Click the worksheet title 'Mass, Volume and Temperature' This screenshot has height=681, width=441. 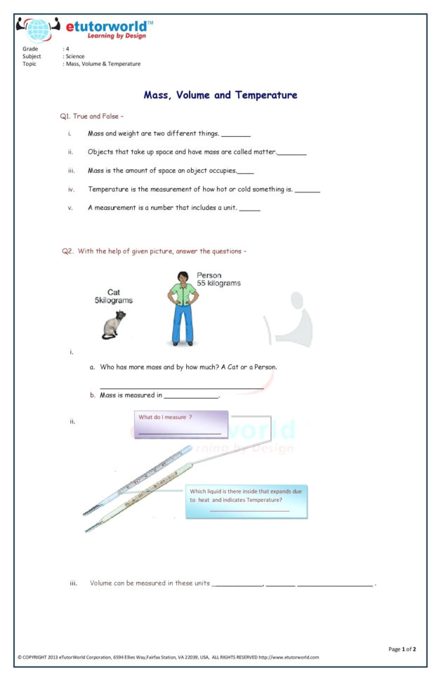pos(220,95)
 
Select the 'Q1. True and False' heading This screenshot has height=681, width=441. pos(92,116)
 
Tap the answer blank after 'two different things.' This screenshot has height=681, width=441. pos(236,134)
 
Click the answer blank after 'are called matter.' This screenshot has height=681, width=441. pos(292,152)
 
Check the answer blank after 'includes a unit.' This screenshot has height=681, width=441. pos(250,209)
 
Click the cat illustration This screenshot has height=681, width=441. pos(114,325)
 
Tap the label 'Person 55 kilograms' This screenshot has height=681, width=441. pos(218,279)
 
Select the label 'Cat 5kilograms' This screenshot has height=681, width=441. pos(114,296)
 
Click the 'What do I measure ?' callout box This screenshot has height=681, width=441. pos(180,425)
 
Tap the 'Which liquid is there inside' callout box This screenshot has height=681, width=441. pos(246,501)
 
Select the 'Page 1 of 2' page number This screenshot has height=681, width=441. pos(402,649)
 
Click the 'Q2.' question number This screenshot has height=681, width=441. pos(67,251)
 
